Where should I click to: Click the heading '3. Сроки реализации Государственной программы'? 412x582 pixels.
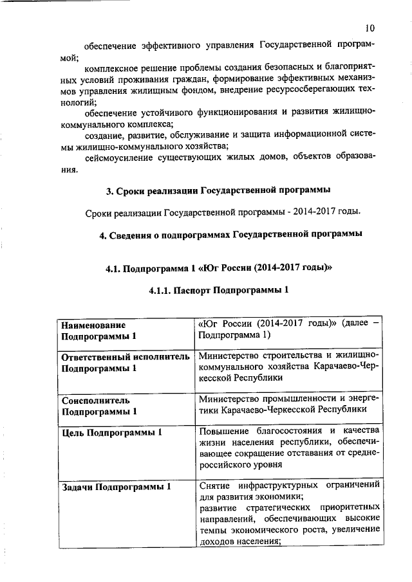[x=218, y=191]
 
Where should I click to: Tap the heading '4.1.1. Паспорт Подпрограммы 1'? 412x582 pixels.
[x=218, y=291]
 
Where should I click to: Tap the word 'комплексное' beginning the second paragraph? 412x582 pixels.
[x=111, y=68]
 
